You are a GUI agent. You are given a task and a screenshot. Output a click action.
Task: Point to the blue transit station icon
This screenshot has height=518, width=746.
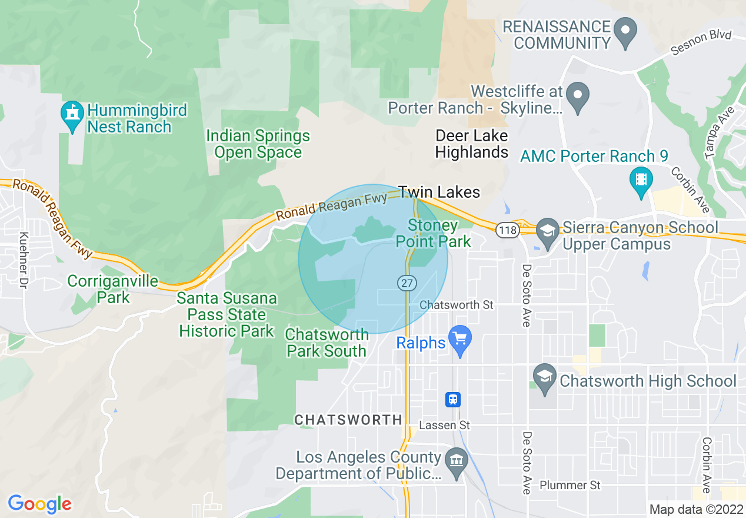click(x=452, y=400)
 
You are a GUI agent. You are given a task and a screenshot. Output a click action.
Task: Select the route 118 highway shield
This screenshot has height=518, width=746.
click(x=507, y=230)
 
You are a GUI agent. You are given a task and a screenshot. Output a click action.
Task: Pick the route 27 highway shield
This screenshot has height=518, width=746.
click(x=407, y=283)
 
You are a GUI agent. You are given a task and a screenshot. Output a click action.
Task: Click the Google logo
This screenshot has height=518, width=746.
click(x=39, y=504)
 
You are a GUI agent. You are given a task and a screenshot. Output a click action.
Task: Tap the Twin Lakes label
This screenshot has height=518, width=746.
click(x=439, y=192)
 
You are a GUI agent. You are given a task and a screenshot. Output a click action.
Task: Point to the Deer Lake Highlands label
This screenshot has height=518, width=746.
click(x=471, y=144)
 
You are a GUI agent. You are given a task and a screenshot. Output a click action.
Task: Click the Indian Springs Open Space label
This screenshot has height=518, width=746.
click(x=258, y=144)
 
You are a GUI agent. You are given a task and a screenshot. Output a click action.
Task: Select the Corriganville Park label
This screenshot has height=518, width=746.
click(x=113, y=289)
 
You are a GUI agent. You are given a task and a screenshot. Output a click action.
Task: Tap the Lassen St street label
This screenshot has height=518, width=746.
click(x=444, y=424)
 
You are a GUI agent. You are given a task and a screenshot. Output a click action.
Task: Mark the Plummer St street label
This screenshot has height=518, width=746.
click(x=570, y=485)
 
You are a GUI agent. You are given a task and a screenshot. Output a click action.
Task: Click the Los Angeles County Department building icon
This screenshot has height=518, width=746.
click(x=457, y=458)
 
